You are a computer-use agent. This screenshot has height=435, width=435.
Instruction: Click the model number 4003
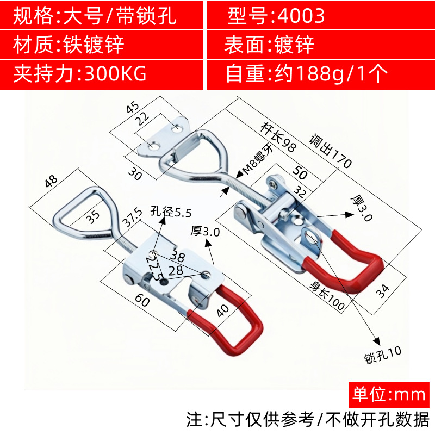[x=300, y=16]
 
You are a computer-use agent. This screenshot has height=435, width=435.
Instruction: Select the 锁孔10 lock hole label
[x=383, y=355]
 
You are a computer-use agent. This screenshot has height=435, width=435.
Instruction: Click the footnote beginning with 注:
[x=308, y=420]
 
